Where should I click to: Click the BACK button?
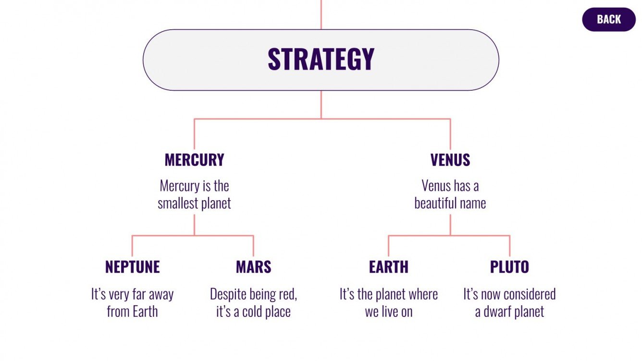[x=608, y=20]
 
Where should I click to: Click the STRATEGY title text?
[x=321, y=60]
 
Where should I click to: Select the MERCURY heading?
[x=194, y=160]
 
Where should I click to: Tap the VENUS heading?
[x=450, y=160]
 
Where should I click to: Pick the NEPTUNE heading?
[x=132, y=267]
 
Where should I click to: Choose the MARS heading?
[x=253, y=267]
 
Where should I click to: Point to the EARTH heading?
[x=388, y=267]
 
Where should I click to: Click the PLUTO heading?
[x=509, y=267]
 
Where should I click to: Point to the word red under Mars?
[x=287, y=294]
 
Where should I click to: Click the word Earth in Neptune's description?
[x=145, y=312]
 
